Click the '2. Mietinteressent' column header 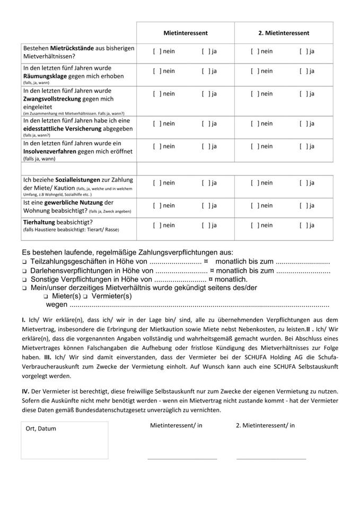click(x=284, y=33)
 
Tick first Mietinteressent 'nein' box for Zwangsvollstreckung click(x=156, y=94)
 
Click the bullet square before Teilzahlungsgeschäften click(x=24, y=262)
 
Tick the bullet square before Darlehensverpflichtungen click(x=24, y=271)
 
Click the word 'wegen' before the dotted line click(x=57, y=305)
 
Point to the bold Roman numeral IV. click(x=25, y=391)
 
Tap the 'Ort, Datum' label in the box click(x=41, y=428)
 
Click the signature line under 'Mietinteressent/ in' click(x=182, y=458)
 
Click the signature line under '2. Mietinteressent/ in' click(x=271, y=458)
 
